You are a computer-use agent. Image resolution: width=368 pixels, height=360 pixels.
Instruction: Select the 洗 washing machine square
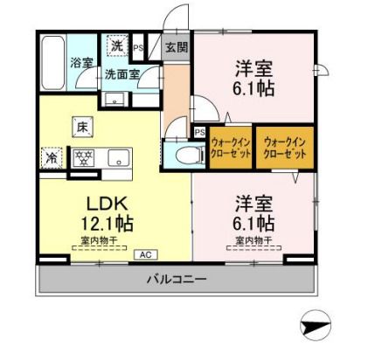click(x=115, y=45)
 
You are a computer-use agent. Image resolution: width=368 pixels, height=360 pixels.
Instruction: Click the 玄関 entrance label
click(x=173, y=47)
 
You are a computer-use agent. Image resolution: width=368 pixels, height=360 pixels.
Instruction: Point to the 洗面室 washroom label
click(x=122, y=74)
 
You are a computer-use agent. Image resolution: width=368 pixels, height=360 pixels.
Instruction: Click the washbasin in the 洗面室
click(x=115, y=97)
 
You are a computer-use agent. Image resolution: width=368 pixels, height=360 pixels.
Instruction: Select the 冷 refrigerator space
click(x=51, y=159)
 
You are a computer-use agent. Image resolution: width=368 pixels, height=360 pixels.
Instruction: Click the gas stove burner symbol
click(x=84, y=158)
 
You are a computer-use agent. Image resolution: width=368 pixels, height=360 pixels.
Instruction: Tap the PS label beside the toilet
click(x=199, y=133)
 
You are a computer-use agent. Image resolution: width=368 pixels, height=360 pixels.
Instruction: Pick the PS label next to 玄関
click(x=138, y=47)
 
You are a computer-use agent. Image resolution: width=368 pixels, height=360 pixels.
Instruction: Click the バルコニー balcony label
click(x=175, y=280)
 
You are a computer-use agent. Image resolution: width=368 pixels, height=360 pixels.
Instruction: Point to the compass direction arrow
click(x=316, y=328)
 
